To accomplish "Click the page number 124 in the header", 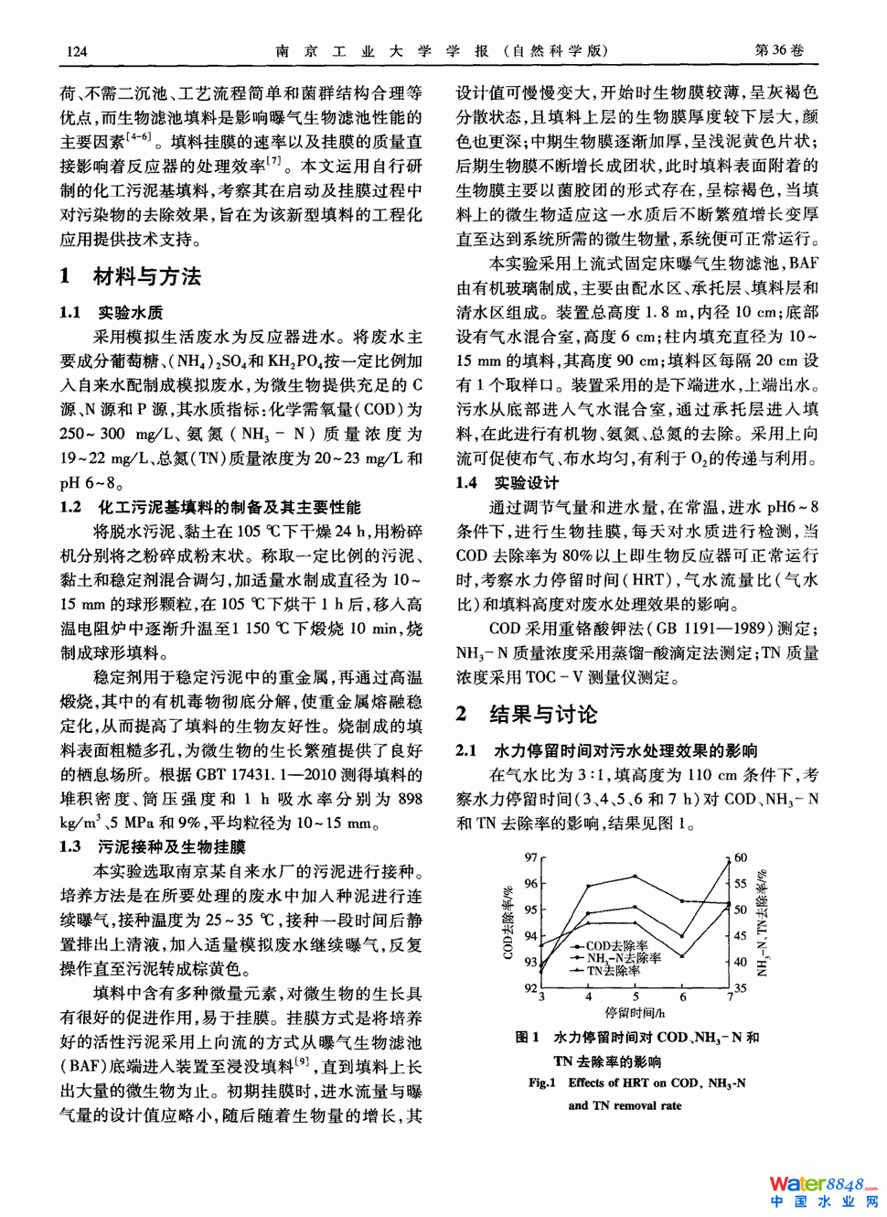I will point(78,51).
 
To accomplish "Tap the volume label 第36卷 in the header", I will point(779,50).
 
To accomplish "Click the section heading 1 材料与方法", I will point(131,276).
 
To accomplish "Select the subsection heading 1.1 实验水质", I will point(112,312).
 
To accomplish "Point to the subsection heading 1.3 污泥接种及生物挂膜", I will point(153,847).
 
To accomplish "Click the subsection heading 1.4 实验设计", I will point(507,482).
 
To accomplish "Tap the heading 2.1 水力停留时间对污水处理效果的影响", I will point(606,750).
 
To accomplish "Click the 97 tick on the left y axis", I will point(530,858).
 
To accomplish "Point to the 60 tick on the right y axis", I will point(741,858).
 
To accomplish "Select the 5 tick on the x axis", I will point(636,996).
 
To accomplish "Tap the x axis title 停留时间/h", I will point(635,1012).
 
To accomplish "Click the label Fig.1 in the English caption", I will point(541,1082).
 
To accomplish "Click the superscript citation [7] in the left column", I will point(273,161).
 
